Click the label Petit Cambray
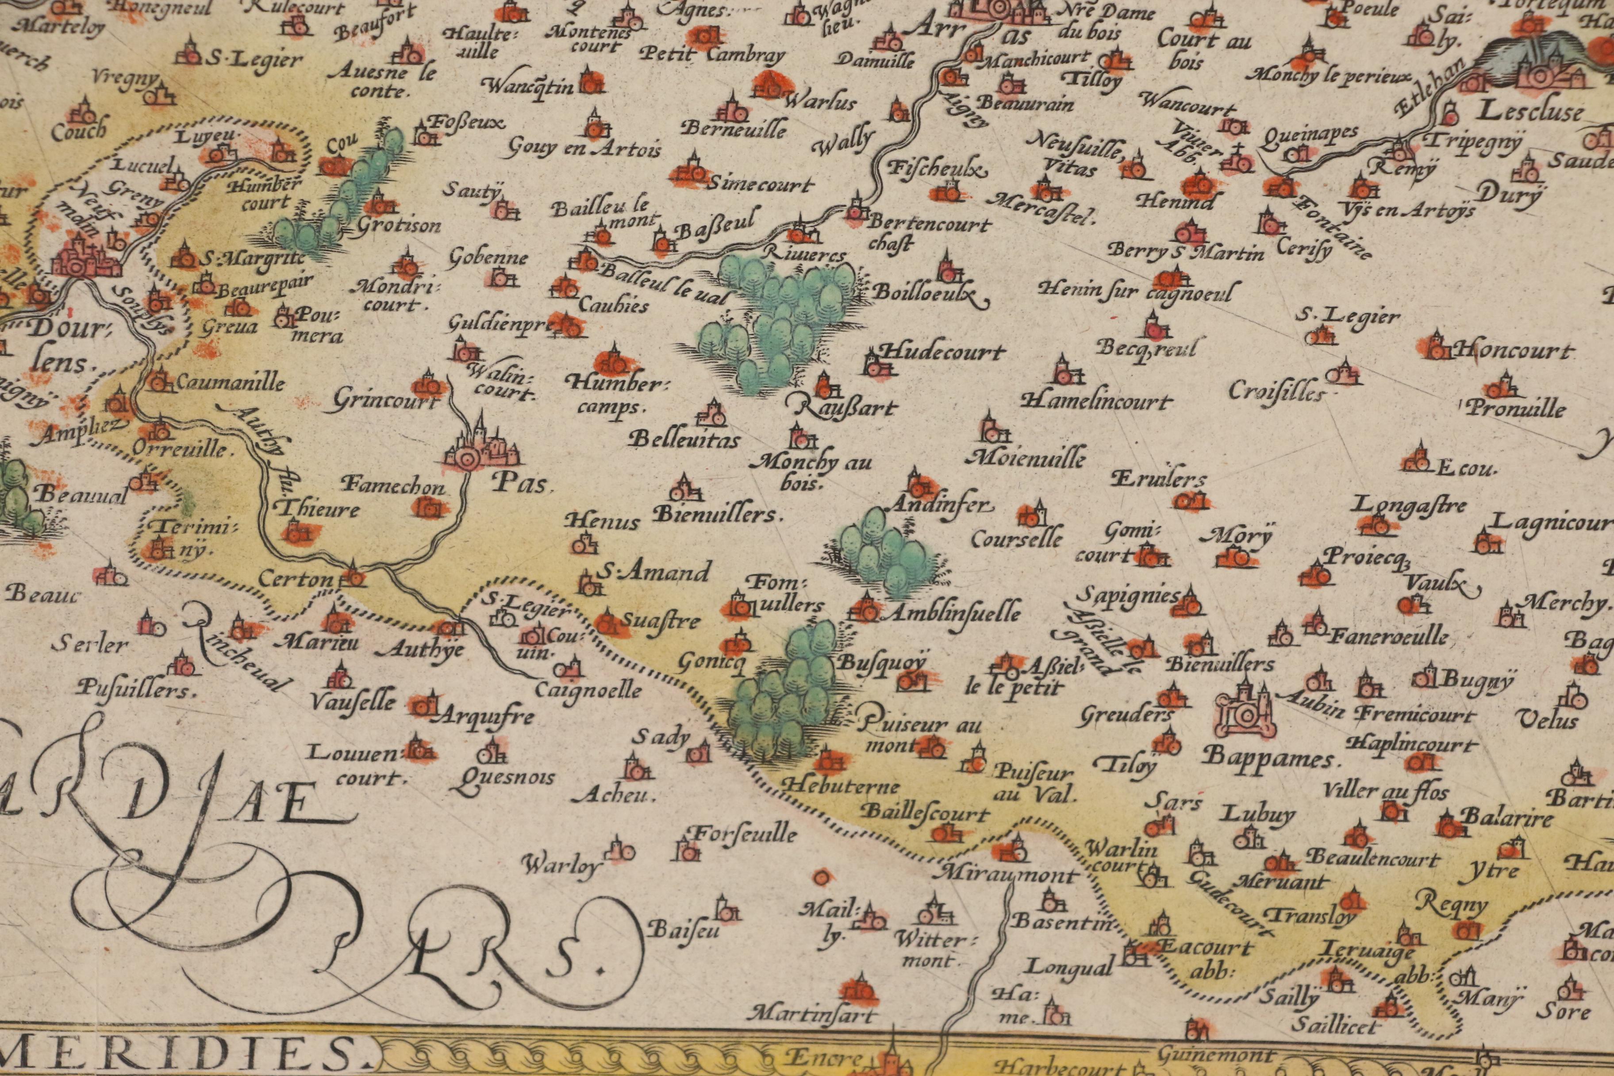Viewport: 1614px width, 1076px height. click(711, 55)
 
